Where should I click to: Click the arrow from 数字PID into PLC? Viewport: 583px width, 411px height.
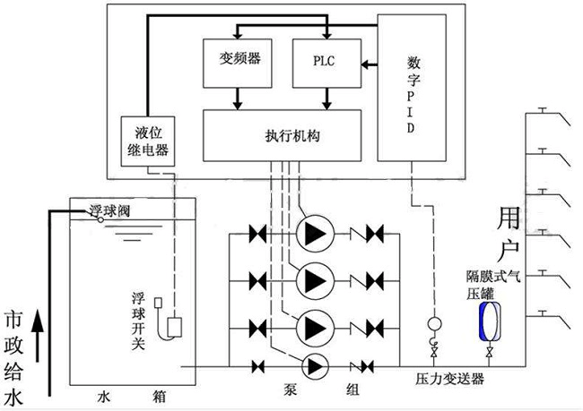(x=370, y=64)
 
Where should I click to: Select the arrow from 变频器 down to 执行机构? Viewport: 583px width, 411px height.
(x=238, y=98)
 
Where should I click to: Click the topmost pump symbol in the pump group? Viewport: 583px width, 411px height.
(x=316, y=234)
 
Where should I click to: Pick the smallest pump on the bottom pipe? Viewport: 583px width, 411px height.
(x=315, y=367)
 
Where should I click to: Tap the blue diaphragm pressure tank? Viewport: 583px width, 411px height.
(x=490, y=321)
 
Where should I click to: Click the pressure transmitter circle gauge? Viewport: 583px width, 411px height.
(x=434, y=324)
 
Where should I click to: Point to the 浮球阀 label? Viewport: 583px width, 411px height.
(x=110, y=211)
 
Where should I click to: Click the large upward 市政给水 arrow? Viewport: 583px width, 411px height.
(x=38, y=336)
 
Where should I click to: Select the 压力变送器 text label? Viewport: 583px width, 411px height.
(x=449, y=380)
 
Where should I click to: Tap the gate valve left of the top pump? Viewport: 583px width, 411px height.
(x=257, y=234)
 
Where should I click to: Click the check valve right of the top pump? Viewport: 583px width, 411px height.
(x=367, y=234)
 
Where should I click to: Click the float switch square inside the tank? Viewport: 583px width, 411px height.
(x=174, y=327)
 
